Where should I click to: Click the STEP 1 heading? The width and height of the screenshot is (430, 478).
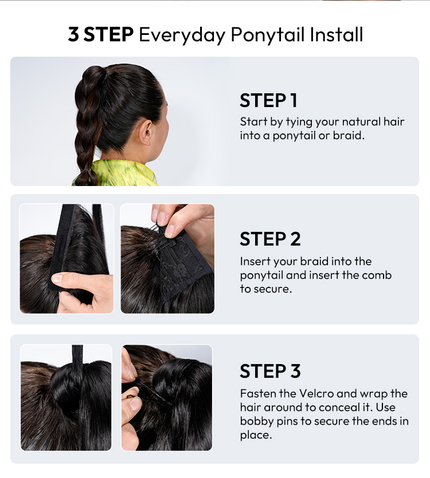coord(268,101)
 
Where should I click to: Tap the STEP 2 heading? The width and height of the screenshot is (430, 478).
coord(270,239)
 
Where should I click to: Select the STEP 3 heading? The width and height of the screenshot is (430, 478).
coord(270,371)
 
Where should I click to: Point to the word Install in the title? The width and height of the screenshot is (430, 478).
coord(336,34)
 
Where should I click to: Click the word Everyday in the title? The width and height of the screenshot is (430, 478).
coord(182,34)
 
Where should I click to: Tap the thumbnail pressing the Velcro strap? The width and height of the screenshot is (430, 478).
coord(57,278)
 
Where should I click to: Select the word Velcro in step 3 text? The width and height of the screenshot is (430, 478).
coord(316,393)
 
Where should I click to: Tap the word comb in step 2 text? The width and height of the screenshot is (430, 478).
coord(377,275)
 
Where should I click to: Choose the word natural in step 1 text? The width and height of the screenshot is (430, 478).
coord(361,121)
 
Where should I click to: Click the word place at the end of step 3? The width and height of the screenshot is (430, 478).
coord(256,435)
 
